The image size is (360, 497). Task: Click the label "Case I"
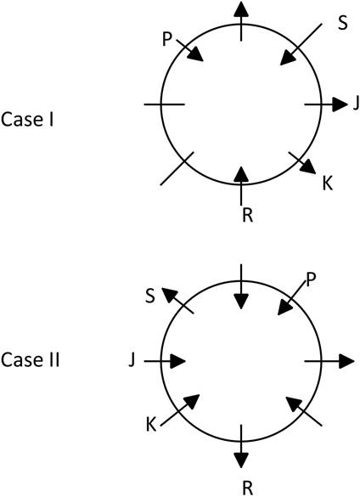point(27,120)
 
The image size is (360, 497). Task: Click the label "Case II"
point(30,359)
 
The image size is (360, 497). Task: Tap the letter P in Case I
point(167,40)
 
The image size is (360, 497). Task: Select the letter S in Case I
point(342,23)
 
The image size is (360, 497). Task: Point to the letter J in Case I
point(357,104)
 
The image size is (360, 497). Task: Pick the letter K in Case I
point(328,184)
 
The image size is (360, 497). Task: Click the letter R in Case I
point(248,215)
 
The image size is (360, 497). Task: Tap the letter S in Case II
point(150,297)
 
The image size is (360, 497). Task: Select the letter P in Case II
point(311,280)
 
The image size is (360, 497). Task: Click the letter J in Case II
point(132,360)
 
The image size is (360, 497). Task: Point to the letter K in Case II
point(151,425)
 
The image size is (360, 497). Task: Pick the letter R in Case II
point(248,489)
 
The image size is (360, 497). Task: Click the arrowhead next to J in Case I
point(340,104)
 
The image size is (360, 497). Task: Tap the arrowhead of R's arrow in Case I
point(241,175)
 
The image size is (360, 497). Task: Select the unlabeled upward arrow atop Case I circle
point(241,21)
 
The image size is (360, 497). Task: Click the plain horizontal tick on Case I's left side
point(164,104)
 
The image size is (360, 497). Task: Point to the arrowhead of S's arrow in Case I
point(288,58)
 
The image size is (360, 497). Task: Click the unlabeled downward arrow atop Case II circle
point(241,286)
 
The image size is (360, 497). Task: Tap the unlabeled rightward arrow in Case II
point(329,361)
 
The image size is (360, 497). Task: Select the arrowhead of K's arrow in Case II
point(192,402)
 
